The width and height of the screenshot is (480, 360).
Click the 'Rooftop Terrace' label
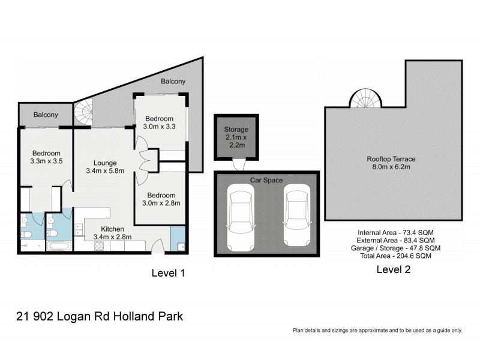pos(391,159)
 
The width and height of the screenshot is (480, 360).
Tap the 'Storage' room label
pos(236,130)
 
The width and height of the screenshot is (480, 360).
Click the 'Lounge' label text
pos(104,163)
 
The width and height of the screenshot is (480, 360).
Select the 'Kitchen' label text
pos(112,229)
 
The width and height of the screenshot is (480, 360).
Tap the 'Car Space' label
pos(266,180)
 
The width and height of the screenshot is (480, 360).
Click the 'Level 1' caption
pos(167,272)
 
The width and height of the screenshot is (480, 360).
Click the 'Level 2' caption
pos(394,269)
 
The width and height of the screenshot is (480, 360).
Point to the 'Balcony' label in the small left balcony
pos(46,115)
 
